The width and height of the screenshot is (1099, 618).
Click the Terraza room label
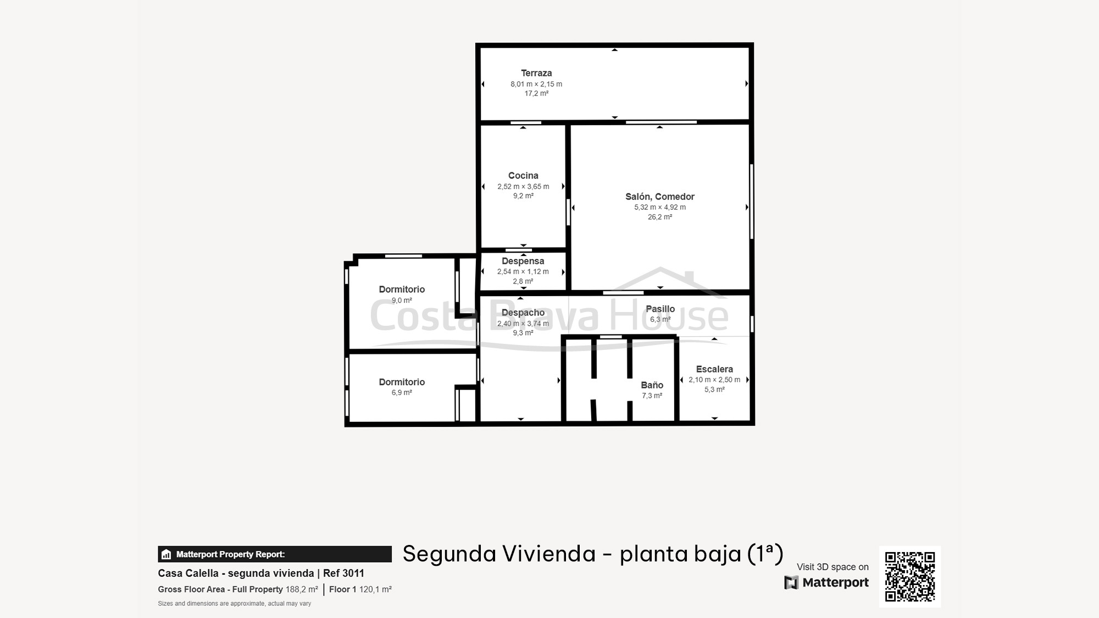tap(536, 73)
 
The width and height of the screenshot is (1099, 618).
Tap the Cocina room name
tap(523, 176)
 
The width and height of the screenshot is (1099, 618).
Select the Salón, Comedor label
tap(660, 197)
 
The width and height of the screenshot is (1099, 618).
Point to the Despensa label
tap(523, 261)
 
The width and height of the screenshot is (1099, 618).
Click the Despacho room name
tap(523, 313)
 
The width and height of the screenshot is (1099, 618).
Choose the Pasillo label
tap(660, 309)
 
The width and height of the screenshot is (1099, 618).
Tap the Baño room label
tap(652, 385)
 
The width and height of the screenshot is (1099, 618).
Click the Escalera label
tap(714, 369)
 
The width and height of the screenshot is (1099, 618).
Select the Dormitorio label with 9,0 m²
tap(402, 289)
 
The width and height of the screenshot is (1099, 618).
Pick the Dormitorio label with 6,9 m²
tap(402, 382)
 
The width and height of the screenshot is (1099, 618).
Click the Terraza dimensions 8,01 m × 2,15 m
tap(536, 84)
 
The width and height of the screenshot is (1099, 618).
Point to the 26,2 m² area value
tap(660, 217)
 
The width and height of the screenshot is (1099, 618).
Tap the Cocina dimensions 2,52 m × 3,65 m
tap(523, 187)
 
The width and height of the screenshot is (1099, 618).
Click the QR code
tap(910, 577)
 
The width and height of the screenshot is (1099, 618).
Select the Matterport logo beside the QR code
tap(826, 582)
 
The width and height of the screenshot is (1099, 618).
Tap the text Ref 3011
tap(343, 574)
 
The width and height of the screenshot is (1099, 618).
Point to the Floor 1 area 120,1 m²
tap(360, 589)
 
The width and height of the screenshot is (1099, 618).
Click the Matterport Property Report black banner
tap(275, 554)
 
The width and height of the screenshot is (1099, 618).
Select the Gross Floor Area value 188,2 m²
tap(302, 589)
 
